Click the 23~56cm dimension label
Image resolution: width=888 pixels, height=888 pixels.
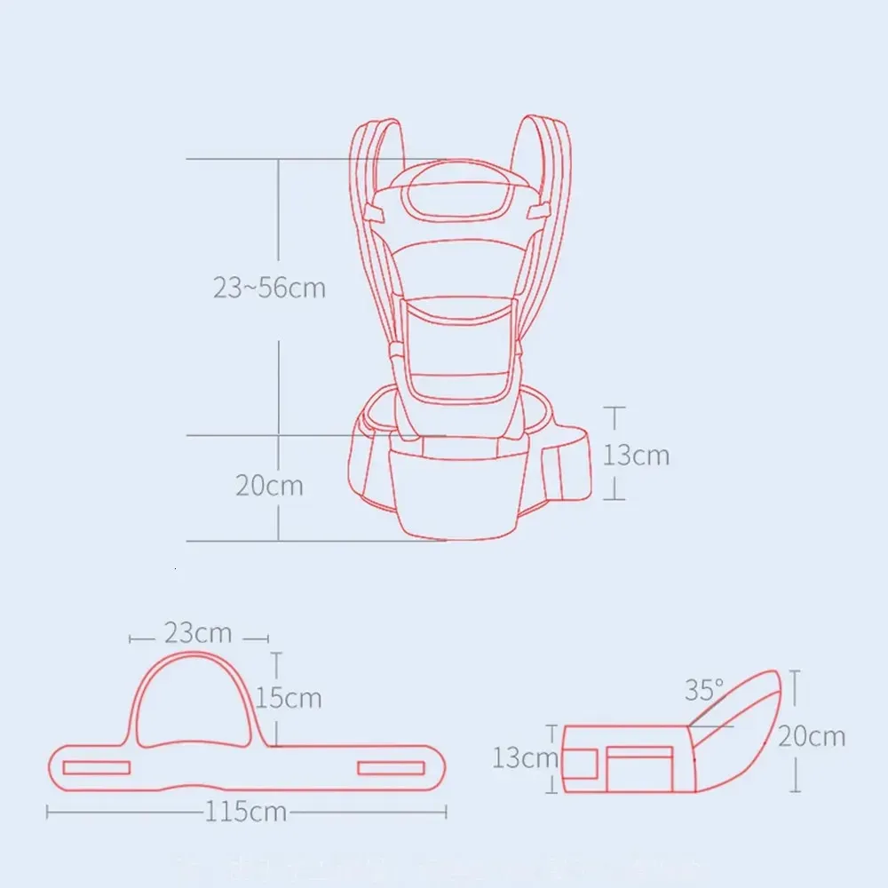pos(269,289)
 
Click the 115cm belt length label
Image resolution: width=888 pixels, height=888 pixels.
pos(246,812)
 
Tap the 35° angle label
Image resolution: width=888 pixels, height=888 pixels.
pos(704,690)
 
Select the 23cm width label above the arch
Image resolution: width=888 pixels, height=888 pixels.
pos(198,633)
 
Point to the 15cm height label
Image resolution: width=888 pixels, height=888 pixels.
pos(289,698)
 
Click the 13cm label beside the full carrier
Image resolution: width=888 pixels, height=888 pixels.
pos(637,455)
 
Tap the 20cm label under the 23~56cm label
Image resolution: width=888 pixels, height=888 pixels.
pos(269,486)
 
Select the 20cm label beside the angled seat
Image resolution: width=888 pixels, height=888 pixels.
pos(813,736)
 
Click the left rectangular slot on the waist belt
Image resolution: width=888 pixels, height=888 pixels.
pos(97,767)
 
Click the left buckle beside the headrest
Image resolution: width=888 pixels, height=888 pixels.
pos(379,214)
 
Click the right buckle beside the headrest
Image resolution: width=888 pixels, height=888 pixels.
pos(535,213)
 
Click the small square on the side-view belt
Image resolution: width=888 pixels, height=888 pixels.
pos(582,762)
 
